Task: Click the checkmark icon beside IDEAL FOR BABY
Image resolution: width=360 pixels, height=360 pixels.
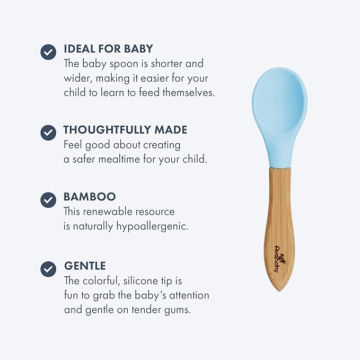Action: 48,51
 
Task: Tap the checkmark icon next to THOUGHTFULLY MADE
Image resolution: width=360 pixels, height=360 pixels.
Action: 48,132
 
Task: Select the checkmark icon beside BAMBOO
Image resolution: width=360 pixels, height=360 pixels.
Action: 48,199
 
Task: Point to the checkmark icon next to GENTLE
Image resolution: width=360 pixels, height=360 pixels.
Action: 48,268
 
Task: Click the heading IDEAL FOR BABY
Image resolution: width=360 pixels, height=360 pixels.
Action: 108,49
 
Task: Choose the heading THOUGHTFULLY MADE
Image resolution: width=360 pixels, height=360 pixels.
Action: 125,130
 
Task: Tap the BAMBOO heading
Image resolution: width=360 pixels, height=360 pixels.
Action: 90,197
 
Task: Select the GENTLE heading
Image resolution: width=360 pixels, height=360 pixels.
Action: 85,266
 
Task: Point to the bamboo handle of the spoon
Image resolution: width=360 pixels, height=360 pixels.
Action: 279,223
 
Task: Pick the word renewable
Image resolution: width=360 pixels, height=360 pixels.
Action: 107,212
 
